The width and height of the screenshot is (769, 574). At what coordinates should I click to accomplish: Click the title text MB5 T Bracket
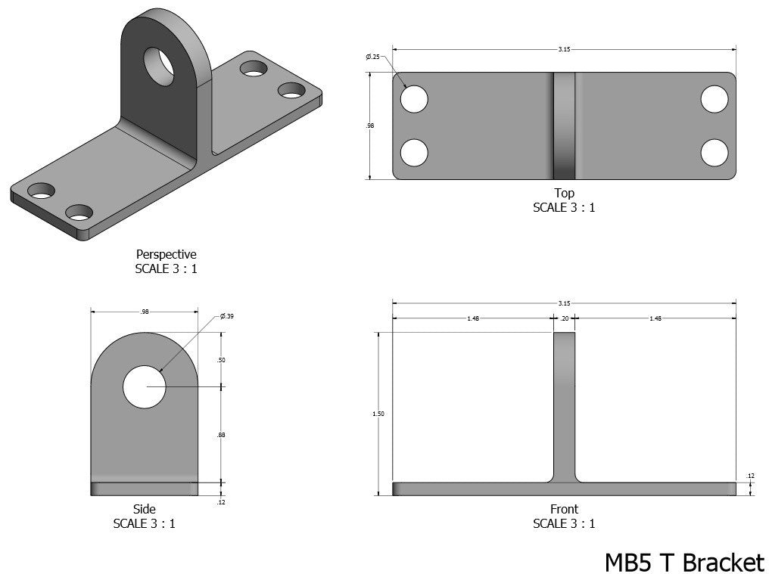point(684,562)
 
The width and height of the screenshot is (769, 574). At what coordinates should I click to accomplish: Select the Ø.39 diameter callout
point(226,316)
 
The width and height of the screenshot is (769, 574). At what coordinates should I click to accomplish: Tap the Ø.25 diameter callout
point(372,57)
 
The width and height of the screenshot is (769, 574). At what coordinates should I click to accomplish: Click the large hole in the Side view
point(144,386)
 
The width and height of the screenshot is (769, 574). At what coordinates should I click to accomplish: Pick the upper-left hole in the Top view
point(414,99)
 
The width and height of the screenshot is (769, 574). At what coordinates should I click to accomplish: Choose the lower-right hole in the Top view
point(714,153)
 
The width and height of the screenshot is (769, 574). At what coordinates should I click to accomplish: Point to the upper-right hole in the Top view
point(714,99)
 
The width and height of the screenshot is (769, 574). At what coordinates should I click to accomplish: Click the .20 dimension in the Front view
point(564,318)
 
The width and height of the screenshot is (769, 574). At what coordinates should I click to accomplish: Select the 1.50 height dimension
point(378,414)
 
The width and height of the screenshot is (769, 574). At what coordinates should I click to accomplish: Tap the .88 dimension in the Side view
point(221,435)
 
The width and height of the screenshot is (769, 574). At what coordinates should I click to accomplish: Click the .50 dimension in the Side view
point(221,360)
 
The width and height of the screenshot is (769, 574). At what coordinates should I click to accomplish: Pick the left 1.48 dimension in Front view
point(473,318)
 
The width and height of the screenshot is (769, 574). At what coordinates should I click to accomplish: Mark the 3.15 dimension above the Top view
point(564,49)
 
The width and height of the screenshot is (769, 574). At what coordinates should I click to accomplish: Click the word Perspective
point(166,255)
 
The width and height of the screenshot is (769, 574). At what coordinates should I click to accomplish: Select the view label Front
point(564,510)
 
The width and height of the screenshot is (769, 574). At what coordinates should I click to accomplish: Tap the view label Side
point(144,510)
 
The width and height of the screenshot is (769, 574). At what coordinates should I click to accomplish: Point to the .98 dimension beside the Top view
point(370,126)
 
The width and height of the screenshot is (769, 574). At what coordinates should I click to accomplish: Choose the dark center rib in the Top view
point(564,126)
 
